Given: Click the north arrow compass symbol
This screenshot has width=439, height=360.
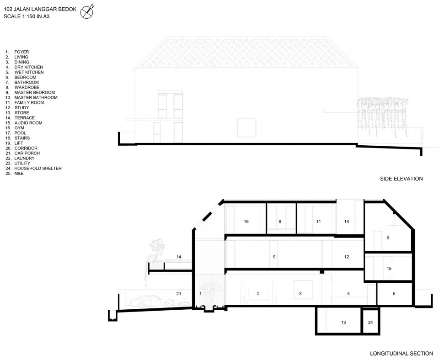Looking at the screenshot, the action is coord(86,12).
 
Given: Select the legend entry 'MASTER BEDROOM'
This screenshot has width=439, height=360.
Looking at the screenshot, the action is coord(34,92).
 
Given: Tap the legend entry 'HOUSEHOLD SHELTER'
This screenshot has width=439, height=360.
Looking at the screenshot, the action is coord(38,169).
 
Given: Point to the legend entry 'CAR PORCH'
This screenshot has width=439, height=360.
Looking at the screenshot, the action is coord(27,154).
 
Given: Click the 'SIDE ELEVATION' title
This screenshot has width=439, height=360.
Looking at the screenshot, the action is coord(401,179).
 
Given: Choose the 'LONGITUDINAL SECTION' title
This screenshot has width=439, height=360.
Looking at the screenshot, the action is coord(401,354).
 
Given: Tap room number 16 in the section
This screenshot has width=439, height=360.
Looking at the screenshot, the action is coord(246,222).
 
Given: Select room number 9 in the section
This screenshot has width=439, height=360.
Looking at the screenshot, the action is coord(274,257).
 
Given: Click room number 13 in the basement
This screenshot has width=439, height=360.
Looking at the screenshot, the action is coord(343,323).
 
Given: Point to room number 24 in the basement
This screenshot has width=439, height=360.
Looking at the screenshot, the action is coord(370,323).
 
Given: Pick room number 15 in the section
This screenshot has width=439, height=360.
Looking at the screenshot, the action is coord(389,269).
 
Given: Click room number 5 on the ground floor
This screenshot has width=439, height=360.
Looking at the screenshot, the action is coord(394,294).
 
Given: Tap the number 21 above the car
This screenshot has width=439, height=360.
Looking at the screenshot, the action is coord(179,294).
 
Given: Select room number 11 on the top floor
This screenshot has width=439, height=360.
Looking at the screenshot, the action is coord(318,222).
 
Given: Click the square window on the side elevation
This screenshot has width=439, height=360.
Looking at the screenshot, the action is coord(246,127).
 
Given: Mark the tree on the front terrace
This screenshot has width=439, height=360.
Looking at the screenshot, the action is coord(155,250).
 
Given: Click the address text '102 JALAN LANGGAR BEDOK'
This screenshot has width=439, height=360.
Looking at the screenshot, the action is coord(40,9).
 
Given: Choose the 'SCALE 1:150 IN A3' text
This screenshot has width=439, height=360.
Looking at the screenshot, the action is coord(27,16).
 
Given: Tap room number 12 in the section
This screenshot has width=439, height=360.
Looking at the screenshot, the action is coord(347,257).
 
